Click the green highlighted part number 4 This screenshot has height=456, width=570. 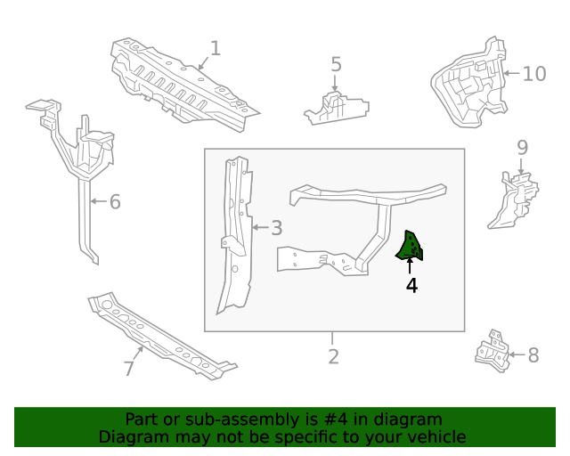point(411,247)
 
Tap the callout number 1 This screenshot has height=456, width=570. point(215,48)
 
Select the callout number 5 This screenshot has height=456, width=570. point(336,64)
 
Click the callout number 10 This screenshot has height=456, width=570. point(533,73)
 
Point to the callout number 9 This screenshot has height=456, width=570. point(522,147)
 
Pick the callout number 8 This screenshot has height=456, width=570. point(533,355)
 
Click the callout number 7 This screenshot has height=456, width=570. point(129,368)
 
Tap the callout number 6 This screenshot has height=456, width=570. point(114,202)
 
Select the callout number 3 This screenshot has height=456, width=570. point(276,228)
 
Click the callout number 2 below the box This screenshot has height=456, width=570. point(333,356)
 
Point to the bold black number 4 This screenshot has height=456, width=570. point(411,285)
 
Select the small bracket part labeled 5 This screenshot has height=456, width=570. point(336,109)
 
